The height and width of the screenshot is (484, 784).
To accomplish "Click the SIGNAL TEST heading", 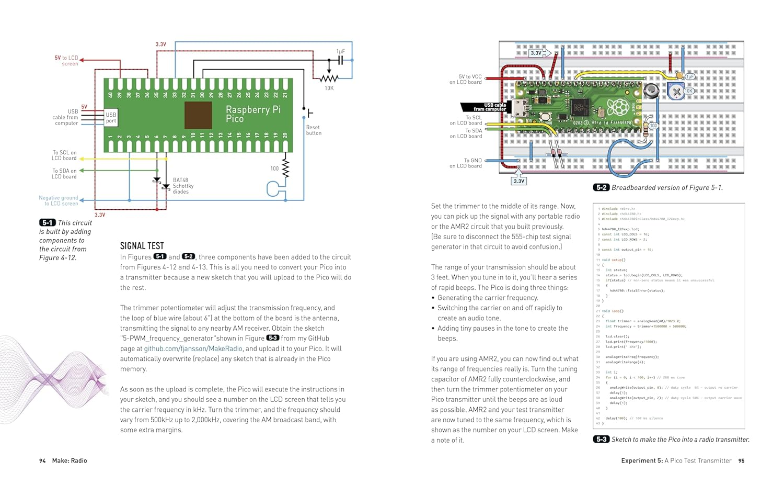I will (142, 246).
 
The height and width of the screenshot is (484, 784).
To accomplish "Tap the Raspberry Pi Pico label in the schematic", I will (253, 114).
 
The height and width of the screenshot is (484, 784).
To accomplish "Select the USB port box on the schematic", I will (111, 118).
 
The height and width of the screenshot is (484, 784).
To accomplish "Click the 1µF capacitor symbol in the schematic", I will (340, 60).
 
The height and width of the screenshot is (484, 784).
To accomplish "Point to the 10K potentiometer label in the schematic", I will (329, 88).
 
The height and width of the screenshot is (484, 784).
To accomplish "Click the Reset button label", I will (314, 130).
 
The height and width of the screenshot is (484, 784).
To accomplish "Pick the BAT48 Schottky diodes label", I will (183, 186).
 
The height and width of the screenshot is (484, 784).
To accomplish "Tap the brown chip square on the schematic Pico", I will (198, 115).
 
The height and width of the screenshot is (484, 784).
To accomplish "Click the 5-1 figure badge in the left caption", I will (48, 223).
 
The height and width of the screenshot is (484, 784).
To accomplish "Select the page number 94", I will (42, 461).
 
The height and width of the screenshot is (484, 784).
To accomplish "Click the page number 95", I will (741, 461).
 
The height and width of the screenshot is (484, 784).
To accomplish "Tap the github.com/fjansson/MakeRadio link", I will (193, 348).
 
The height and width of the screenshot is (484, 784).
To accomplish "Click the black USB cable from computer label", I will (489, 107).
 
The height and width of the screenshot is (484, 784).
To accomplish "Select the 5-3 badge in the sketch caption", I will (601, 440).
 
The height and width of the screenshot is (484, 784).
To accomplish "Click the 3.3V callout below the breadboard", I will (518, 181).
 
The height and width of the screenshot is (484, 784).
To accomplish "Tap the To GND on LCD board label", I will (466, 163).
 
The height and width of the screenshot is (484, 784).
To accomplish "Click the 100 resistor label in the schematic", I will (274, 168).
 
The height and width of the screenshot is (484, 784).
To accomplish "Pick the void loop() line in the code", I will (614, 311).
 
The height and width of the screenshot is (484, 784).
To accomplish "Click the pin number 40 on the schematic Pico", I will (110, 95).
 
